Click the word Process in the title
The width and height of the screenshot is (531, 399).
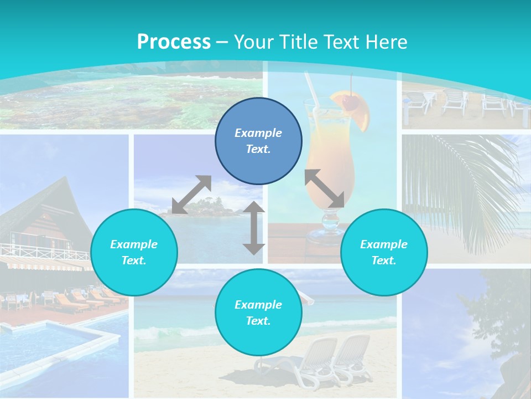[174, 42]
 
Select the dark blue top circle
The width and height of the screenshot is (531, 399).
[258, 141]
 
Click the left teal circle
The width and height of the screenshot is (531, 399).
[134, 252]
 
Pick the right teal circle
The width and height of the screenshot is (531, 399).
[384, 252]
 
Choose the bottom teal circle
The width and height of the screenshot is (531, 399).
[258, 312]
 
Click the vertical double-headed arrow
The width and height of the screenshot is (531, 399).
[254, 228]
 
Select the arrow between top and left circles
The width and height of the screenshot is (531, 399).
[191, 195]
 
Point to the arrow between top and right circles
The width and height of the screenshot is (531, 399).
[325, 188]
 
